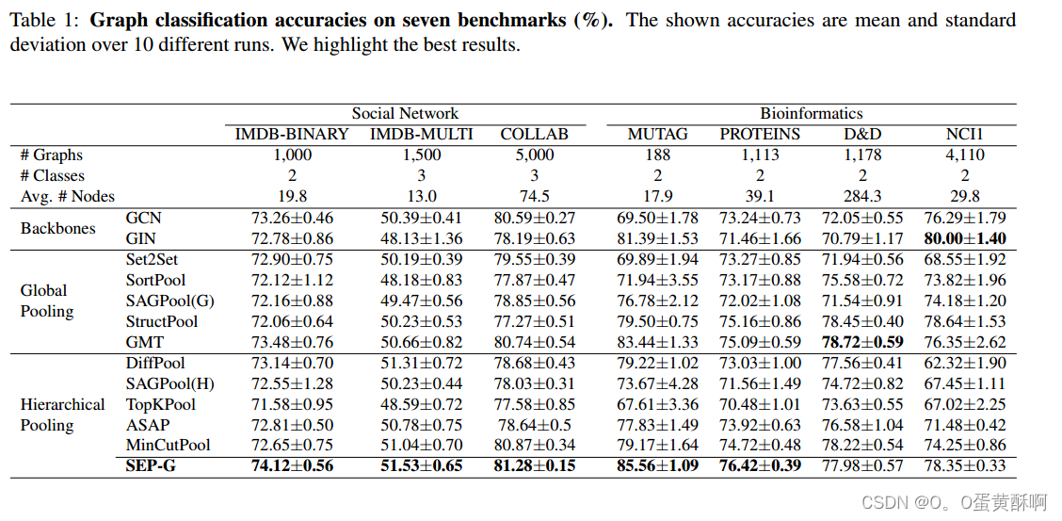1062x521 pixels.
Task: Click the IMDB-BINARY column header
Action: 292,134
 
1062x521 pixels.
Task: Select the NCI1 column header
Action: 966,134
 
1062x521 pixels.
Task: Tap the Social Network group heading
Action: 406,113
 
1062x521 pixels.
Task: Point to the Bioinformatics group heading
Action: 812,113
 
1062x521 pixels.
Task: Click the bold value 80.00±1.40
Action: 966,238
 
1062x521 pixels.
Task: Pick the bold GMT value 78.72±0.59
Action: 862,342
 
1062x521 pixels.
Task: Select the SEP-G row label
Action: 152,465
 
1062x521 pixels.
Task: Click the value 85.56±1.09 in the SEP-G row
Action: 658,465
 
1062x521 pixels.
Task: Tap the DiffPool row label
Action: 155,363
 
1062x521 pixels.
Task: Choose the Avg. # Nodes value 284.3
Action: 862,196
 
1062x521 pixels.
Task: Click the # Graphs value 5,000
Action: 535,155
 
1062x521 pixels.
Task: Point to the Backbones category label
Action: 58,228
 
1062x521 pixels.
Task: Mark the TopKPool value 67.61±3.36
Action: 658,404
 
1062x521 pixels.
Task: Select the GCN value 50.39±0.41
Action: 421,218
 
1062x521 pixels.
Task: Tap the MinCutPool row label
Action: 169,445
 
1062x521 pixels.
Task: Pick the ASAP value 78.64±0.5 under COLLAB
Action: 535,425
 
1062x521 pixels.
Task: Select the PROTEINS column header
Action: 760,134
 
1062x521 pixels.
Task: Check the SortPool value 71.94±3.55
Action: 658,280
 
